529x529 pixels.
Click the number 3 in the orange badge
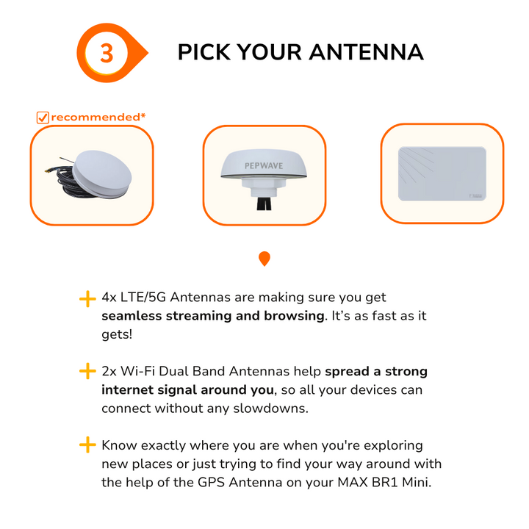coord(107,54)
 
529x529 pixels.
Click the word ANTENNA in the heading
coord(367,52)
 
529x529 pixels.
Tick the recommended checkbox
coord(43,118)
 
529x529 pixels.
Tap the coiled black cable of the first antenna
coord(62,179)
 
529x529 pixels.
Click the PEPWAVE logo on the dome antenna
coord(264,165)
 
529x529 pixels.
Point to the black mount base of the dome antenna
coord(264,204)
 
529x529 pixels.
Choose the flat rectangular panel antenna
coord(442,173)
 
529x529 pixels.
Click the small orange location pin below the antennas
coord(264,259)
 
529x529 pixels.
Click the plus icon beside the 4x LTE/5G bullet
coord(87,299)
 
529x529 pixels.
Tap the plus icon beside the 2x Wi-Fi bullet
coord(87,371)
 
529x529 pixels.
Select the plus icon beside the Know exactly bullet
coord(87,445)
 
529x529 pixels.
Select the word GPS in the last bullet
coord(211,482)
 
